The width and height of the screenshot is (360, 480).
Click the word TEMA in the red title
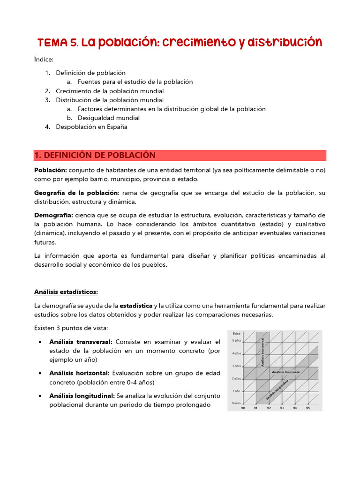click(x=52, y=43)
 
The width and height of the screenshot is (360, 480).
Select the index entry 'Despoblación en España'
click(x=91, y=127)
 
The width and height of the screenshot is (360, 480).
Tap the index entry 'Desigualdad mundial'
click(x=108, y=118)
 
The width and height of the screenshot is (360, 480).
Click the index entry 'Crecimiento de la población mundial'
click(x=110, y=91)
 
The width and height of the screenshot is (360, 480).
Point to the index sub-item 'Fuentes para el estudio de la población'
click(x=135, y=82)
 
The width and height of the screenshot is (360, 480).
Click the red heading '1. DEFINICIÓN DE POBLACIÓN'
click(x=95, y=155)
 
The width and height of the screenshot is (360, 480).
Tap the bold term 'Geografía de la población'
click(x=76, y=193)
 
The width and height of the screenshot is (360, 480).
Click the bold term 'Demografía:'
click(x=53, y=215)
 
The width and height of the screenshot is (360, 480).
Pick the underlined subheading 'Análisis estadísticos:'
click(x=66, y=292)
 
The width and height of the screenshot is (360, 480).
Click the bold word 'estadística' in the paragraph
click(x=136, y=306)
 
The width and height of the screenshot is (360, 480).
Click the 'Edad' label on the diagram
click(x=237, y=333)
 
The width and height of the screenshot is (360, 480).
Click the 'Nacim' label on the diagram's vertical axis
click(x=236, y=403)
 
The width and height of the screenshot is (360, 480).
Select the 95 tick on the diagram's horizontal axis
click(x=308, y=408)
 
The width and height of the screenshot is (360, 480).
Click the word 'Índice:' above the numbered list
click(x=44, y=60)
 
